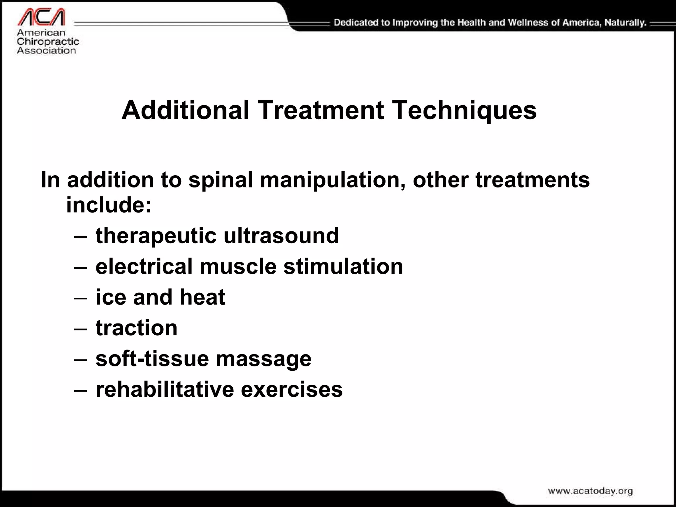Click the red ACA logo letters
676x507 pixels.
pyautogui.click(x=41, y=17)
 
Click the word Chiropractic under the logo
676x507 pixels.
pyautogui.click(x=48, y=42)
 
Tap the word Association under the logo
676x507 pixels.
pyautogui.click(x=47, y=51)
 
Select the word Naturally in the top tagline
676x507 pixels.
pyautogui.click(x=625, y=23)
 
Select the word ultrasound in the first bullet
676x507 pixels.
pyautogui.click(x=281, y=236)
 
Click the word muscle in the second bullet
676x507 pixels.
pyautogui.click(x=238, y=266)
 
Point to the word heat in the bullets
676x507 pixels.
pyautogui.click(x=202, y=297)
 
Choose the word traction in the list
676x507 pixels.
pyautogui.click(x=137, y=328)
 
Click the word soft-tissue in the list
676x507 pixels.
pyautogui.click(x=152, y=358)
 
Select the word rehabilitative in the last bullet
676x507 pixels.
pyautogui.click(x=164, y=389)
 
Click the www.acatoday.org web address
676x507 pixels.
pyautogui.click(x=590, y=491)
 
